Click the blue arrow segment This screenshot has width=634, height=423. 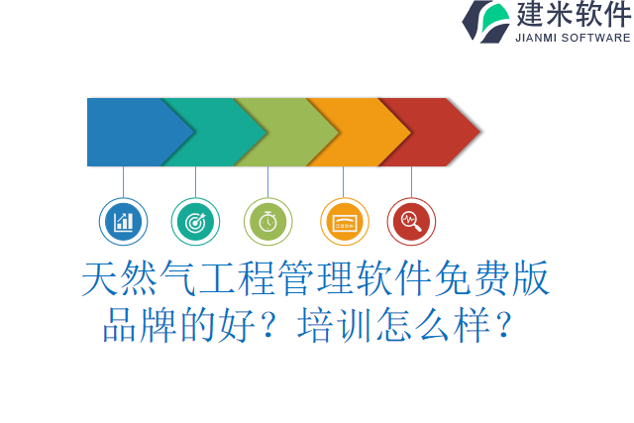129,132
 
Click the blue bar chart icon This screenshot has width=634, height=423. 124,222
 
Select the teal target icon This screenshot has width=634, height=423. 195,222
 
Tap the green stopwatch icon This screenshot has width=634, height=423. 267,222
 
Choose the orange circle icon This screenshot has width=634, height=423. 344,222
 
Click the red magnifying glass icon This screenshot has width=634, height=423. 411,222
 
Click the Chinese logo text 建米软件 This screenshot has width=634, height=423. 572,15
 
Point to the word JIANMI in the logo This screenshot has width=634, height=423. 537,38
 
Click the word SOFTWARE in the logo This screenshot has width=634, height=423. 596,38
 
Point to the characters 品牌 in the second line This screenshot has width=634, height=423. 140,324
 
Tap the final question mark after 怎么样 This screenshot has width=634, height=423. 503,324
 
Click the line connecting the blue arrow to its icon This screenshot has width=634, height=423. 124,181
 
